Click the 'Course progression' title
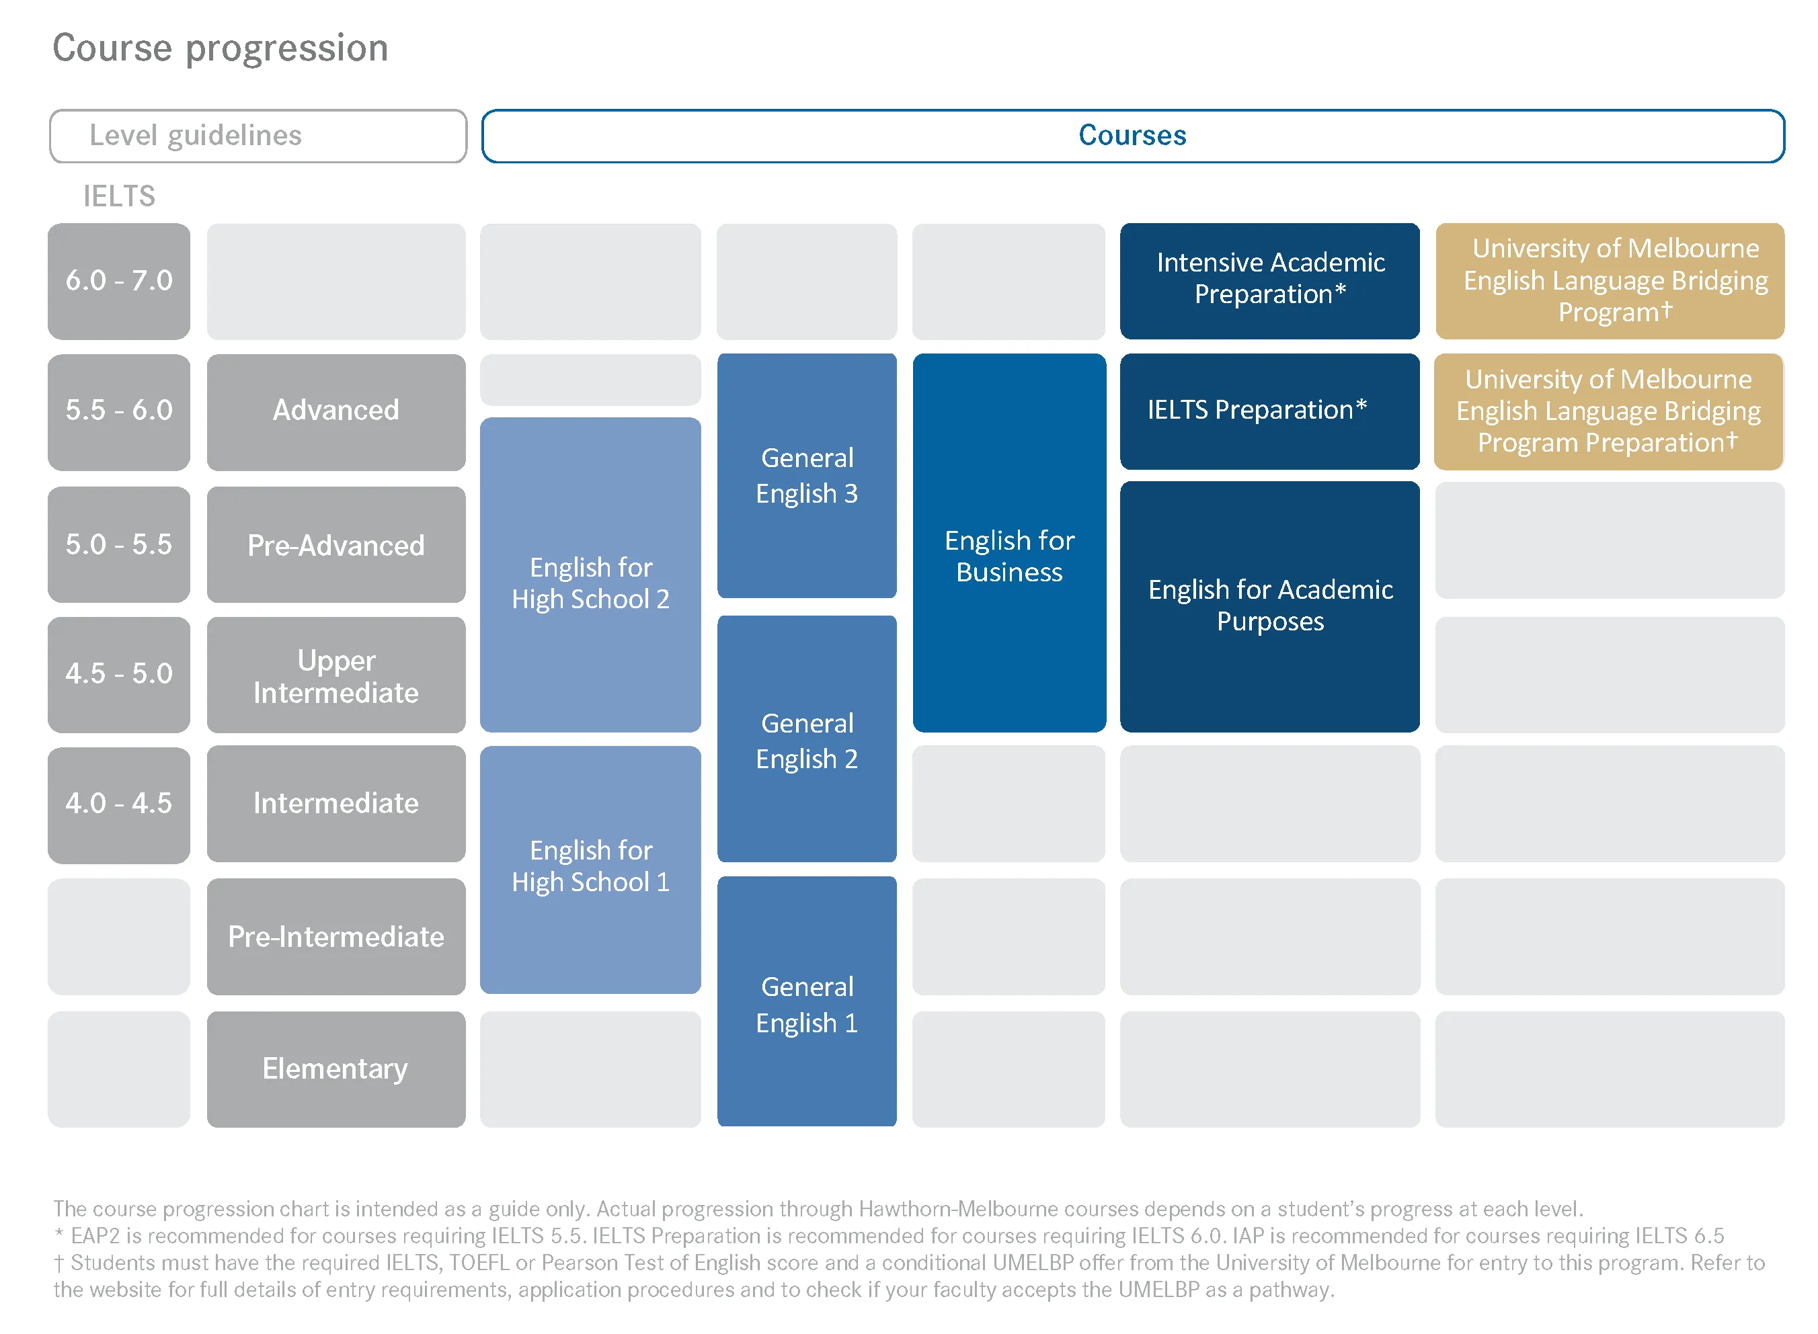pos(221,48)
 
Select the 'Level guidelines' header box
pos(258,136)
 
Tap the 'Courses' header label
pos(1132,135)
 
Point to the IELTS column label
pos(119,196)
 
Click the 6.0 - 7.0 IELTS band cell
pos(119,281)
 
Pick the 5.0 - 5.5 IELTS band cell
pos(119,544)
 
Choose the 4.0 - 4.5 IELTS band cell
pos(119,804)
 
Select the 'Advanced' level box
pos(336,412)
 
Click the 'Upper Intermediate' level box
pos(336,675)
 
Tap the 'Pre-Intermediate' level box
pos(336,937)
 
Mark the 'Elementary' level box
pos(336,1069)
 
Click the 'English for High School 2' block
pos(590,575)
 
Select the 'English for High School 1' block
pos(590,870)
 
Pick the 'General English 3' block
pos(807,476)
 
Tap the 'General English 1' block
pos(807,1001)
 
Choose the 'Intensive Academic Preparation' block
pos(1269,281)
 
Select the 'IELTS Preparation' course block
pos(1269,412)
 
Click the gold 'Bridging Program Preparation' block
pos(1609,412)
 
